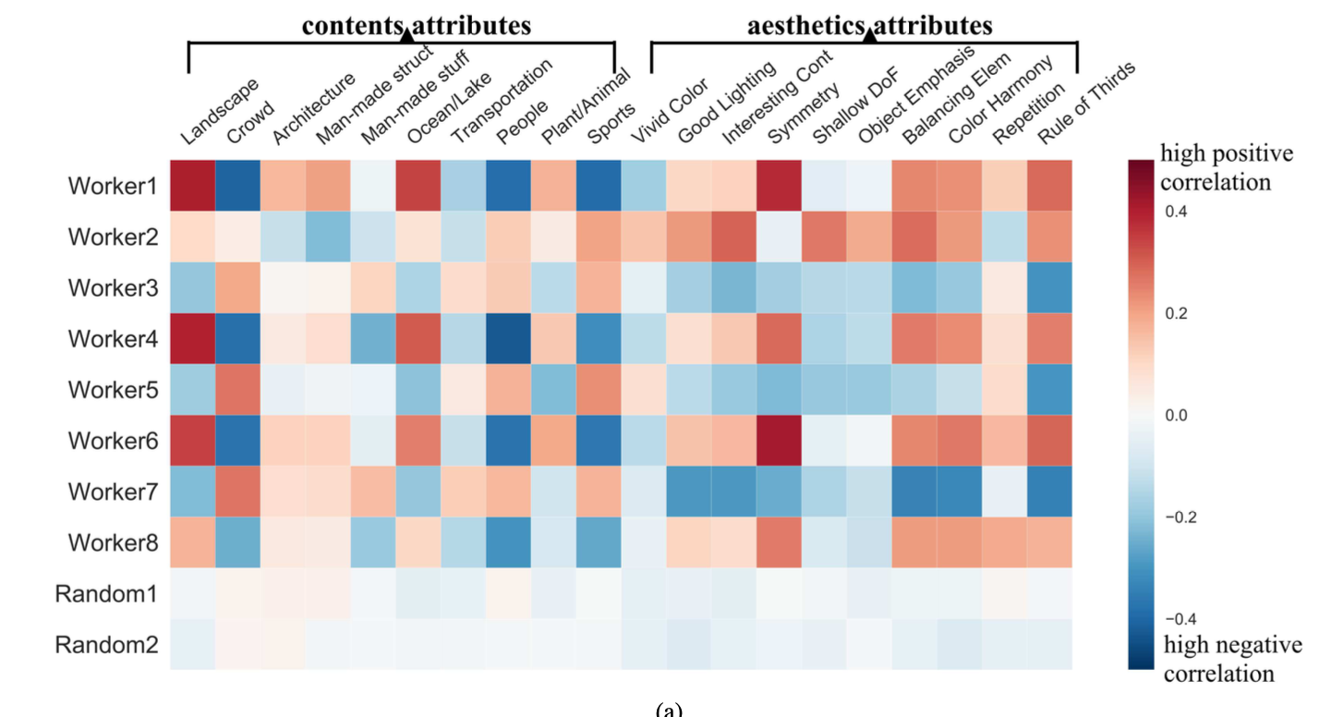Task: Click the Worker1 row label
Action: [x=112, y=186]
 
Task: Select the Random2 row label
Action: [x=107, y=644]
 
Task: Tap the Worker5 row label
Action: [x=112, y=389]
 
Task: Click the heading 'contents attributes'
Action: [x=417, y=25]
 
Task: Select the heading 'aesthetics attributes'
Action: [x=869, y=25]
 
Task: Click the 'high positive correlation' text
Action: [x=1226, y=167]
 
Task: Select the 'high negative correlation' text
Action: [x=1232, y=659]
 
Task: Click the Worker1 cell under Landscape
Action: [x=193, y=185]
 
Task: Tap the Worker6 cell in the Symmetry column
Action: [x=779, y=440]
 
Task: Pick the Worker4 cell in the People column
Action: [x=509, y=338]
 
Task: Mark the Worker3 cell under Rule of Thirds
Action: [x=1049, y=287]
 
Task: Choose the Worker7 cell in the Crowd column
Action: [x=238, y=491]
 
